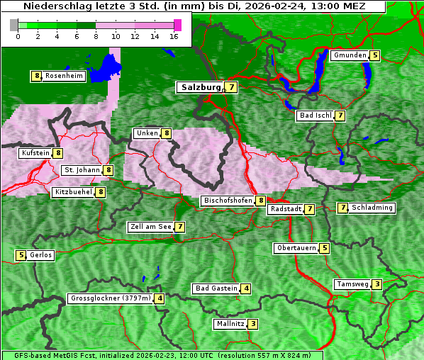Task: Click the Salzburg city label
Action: pyautogui.click(x=201, y=87)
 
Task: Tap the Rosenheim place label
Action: pyautogui.click(x=63, y=76)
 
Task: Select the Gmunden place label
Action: pyautogui.click(x=350, y=55)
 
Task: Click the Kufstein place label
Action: pyautogui.click(x=35, y=153)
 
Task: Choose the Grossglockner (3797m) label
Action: pyautogui.click(x=111, y=298)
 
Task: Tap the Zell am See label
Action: pyautogui.click(x=151, y=227)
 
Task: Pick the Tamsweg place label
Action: pyautogui.click(x=352, y=284)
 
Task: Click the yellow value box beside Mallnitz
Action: pyautogui.click(x=253, y=324)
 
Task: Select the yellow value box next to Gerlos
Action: pyautogui.click(x=21, y=255)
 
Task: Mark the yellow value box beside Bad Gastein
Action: pyautogui.click(x=246, y=288)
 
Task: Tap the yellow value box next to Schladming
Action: pyautogui.click(x=343, y=208)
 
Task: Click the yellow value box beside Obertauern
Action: pyautogui.click(x=324, y=248)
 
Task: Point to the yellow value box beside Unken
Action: pyautogui.click(x=167, y=133)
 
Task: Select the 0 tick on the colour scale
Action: pyautogui.click(x=18, y=35)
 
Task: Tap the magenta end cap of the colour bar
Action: pyautogui.click(x=177, y=25)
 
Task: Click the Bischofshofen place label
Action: pyautogui.click(x=228, y=201)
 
